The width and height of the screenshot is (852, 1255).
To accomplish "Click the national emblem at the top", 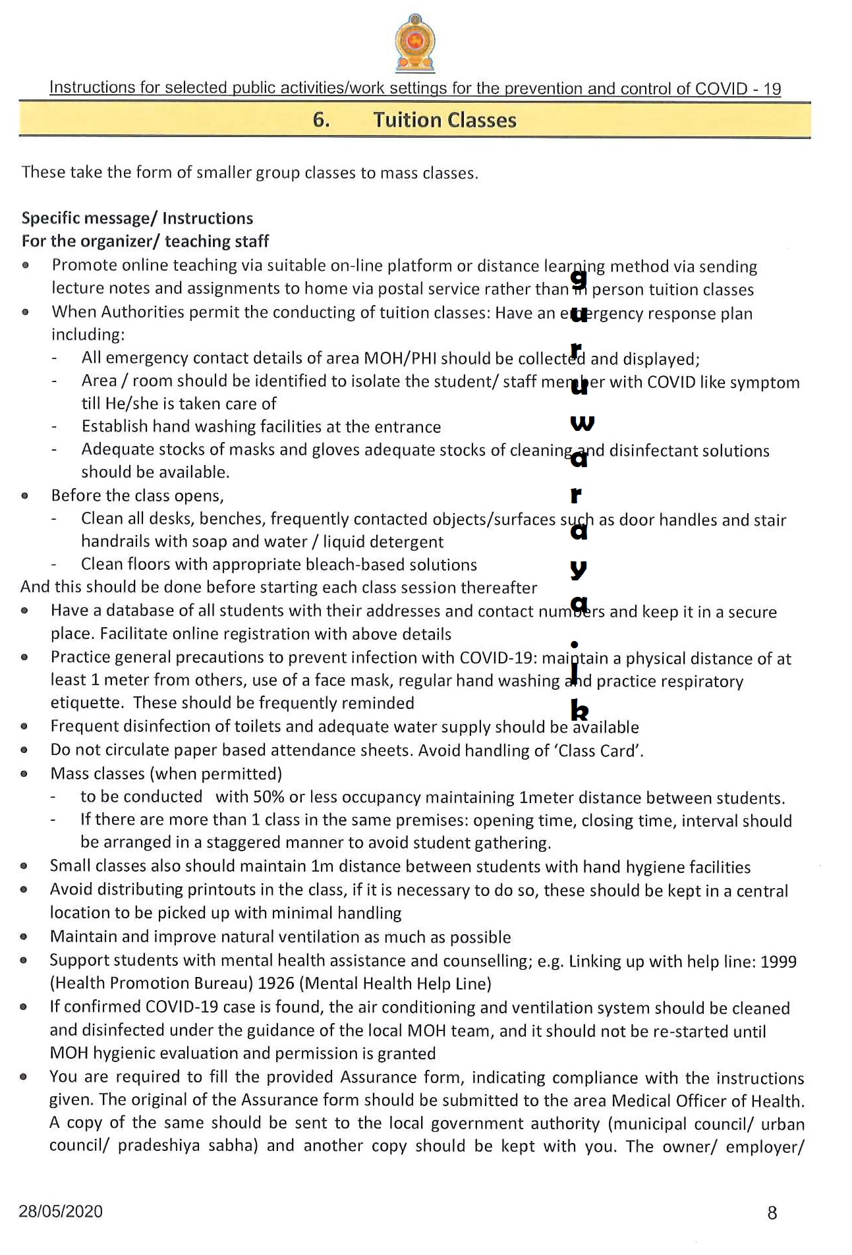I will tap(414, 43).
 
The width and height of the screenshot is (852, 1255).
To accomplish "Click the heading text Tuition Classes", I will tap(445, 120).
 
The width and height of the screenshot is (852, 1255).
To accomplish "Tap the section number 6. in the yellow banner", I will tap(321, 120).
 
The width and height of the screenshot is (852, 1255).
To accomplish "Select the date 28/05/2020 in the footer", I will tap(61, 1211).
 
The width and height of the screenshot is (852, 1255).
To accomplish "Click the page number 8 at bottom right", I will tap(772, 1212).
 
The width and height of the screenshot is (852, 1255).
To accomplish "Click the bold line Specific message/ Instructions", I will tap(137, 218).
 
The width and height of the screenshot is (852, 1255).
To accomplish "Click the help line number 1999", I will tap(778, 961).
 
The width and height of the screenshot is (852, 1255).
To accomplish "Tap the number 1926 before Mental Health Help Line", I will tap(276, 984).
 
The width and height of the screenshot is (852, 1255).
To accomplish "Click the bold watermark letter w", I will tap(582, 424).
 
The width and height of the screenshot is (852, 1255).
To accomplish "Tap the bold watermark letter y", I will tap(579, 569).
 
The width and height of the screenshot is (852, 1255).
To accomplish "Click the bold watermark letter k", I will tap(579, 710).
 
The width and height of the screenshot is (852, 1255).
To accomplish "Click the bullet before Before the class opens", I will tap(25, 495).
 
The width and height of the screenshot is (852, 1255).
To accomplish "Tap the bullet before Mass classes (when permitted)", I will tap(24, 773).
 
